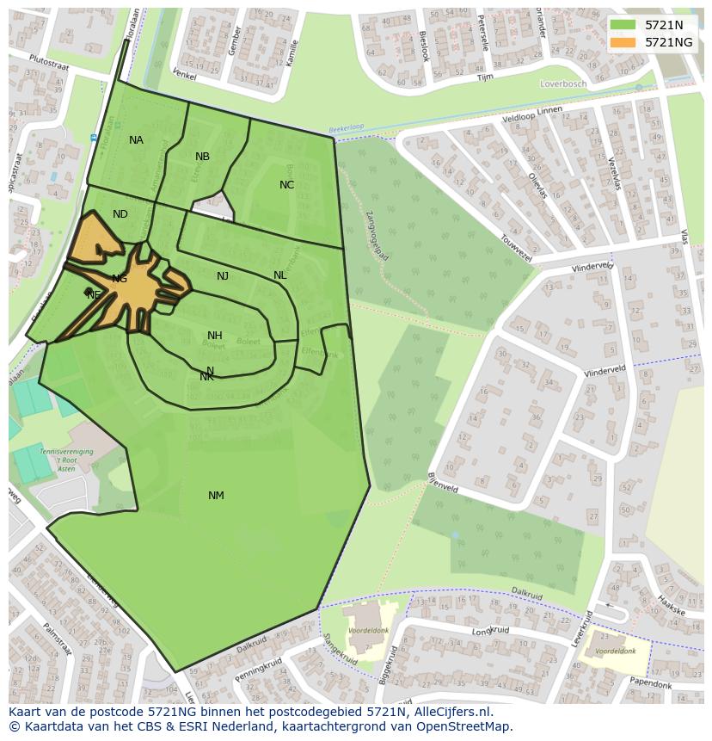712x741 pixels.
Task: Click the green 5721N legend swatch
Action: (623, 25)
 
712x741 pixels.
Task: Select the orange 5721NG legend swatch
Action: (623, 42)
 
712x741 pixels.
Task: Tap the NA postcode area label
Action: (136, 140)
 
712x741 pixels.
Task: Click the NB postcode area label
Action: (202, 157)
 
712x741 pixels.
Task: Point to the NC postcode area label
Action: (286, 185)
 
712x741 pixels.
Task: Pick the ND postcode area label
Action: (120, 214)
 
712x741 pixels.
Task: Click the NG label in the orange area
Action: (120, 279)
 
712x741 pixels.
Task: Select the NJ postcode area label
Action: (223, 276)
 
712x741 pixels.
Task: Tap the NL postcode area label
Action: (279, 275)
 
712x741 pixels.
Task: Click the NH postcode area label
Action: (215, 336)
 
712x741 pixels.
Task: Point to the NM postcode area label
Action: (216, 496)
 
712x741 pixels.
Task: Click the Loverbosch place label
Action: (563, 84)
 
